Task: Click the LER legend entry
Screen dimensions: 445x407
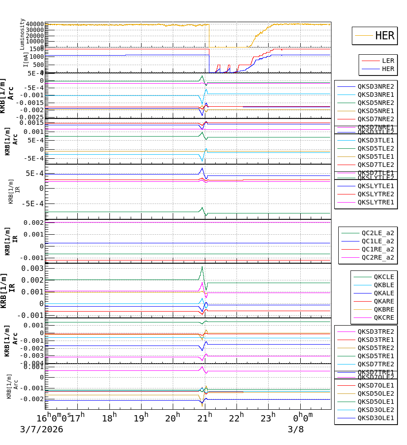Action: click(x=388, y=61)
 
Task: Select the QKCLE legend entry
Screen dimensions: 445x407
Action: click(x=383, y=277)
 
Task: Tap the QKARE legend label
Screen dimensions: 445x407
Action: click(x=383, y=301)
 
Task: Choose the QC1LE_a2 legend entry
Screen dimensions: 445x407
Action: click(x=378, y=241)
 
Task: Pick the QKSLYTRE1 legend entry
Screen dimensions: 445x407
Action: click(x=375, y=202)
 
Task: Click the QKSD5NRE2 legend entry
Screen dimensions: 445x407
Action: click(x=375, y=103)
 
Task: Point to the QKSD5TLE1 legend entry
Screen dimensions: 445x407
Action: click(x=375, y=156)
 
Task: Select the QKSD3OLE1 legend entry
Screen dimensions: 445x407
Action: click(x=375, y=418)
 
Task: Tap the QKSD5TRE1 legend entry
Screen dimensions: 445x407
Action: click(x=375, y=356)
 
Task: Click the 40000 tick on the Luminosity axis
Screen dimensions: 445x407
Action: click(x=35, y=24)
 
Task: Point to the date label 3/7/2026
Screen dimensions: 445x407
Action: click(x=41, y=430)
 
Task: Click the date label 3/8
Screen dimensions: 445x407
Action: click(x=296, y=430)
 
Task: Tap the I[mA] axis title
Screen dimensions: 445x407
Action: click(x=26, y=59)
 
